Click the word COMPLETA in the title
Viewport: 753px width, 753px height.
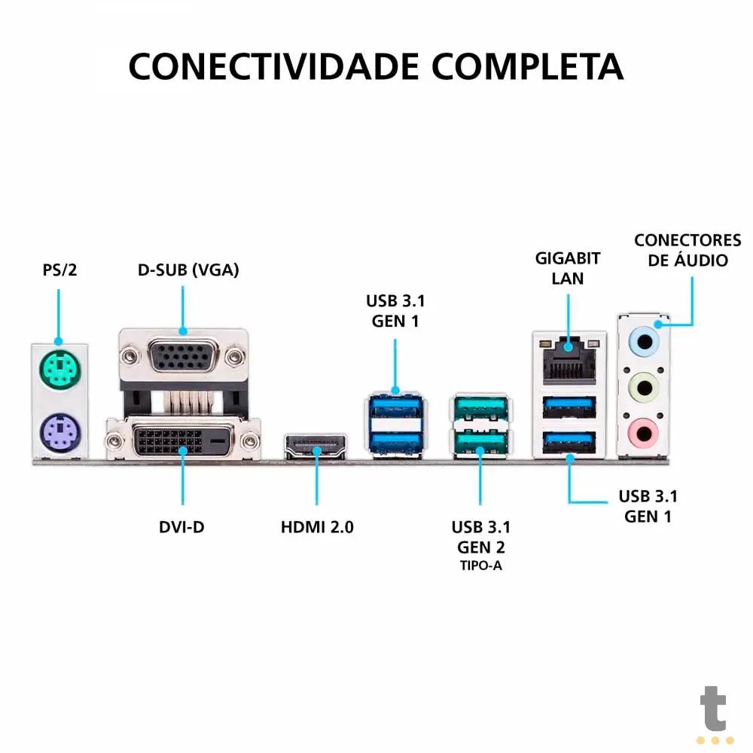click(x=527, y=66)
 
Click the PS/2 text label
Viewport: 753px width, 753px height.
click(x=59, y=270)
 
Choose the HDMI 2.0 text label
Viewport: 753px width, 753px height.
click(x=317, y=527)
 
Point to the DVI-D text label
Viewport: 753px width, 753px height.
click(x=181, y=527)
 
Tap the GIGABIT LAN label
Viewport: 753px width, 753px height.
click(x=568, y=268)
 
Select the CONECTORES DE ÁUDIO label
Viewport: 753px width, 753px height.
click(x=687, y=251)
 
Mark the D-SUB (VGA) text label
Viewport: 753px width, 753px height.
click(x=188, y=270)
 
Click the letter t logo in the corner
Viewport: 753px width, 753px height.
click(x=713, y=709)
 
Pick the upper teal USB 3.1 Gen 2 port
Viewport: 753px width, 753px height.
click(x=480, y=409)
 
